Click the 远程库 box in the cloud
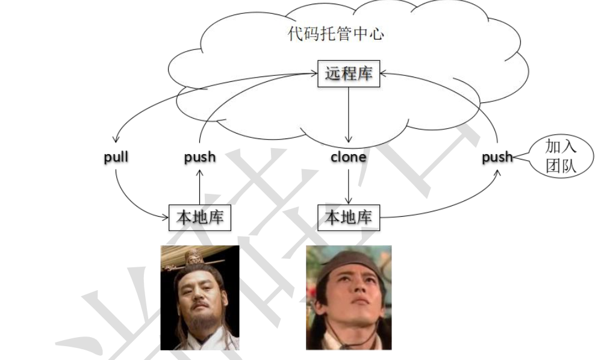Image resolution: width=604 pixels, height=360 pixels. (349, 73)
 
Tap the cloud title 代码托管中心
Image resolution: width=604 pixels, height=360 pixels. (335, 34)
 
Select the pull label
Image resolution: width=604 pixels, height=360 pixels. (116, 158)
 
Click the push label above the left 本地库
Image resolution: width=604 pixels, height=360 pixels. (199, 158)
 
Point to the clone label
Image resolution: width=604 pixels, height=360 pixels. (348, 158)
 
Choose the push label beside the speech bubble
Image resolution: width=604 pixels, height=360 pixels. (497, 158)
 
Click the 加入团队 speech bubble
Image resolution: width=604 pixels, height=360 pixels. (561, 156)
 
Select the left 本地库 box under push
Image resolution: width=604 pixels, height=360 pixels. (199, 217)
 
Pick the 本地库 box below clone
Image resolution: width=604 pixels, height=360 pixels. (349, 217)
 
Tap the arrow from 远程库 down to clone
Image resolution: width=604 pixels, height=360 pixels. (349, 114)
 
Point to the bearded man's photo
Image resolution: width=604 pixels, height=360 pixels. (199, 297)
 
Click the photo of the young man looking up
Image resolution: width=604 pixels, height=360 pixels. (349, 297)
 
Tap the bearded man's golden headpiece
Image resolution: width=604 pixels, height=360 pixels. (193, 258)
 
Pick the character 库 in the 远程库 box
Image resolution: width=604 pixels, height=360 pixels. (364, 73)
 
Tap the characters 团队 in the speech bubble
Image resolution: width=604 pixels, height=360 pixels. (561, 166)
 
